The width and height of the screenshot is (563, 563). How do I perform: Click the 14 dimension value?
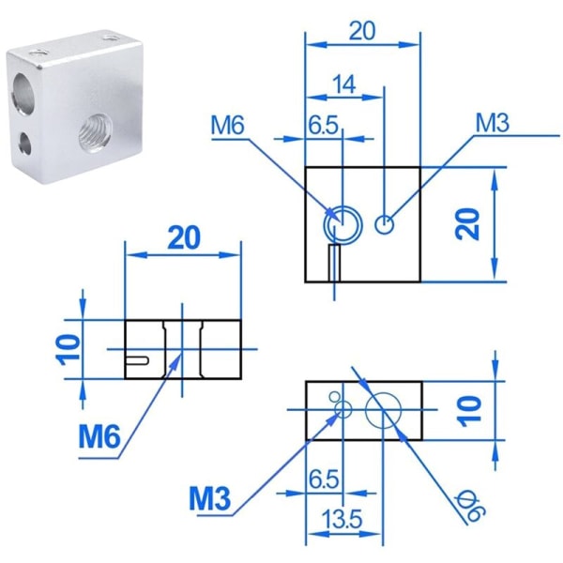[344, 84]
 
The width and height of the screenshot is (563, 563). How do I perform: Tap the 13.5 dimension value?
[342, 519]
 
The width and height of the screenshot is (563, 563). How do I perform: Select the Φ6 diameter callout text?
[470, 507]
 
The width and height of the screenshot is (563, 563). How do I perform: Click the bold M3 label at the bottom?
[210, 498]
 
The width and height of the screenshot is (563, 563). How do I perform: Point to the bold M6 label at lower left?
[99, 437]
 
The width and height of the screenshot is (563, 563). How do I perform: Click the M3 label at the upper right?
[492, 123]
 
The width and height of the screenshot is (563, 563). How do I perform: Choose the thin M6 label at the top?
[227, 126]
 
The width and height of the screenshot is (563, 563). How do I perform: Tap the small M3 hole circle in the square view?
[385, 225]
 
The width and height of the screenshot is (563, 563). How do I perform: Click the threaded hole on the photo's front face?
[94, 133]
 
